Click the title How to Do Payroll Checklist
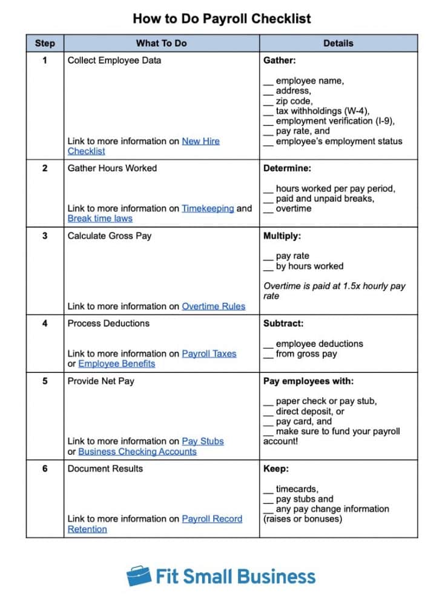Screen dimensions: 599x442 pyautogui.click(x=222, y=18)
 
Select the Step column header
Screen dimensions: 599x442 pyautogui.click(x=45, y=43)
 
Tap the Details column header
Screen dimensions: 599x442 pyautogui.click(x=338, y=43)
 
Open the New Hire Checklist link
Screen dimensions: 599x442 pyautogui.click(x=200, y=141)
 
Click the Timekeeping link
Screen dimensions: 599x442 pyautogui.click(x=208, y=208)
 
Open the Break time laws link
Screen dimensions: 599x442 pyautogui.click(x=100, y=219)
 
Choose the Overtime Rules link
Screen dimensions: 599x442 pyautogui.click(x=214, y=306)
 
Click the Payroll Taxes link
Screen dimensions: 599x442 pyautogui.click(x=209, y=354)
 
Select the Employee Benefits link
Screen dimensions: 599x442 pyautogui.click(x=116, y=364)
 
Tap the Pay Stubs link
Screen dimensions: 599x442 pyautogui.click(x=203, y=442)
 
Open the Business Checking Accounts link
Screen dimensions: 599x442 pyautogui.click(x=137, y=452)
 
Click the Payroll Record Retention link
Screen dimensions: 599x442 pyautogui.click(x=212, y=519)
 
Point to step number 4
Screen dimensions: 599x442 pyautogui.click(x=45, y=323)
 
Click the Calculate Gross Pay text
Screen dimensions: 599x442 pyautogui.click(x=109, y=236)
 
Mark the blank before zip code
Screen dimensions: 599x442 pyautogui.click(x=268, y=101)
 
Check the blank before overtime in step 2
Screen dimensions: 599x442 pyautogui.click(x=268, y=209)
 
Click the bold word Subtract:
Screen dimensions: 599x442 pyautogui.click(x=283, y=323)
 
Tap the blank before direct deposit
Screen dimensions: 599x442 pyautogui.click(x=268, y=412)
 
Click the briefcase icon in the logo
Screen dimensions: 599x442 pyautogui.click(x=139, y=575)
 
